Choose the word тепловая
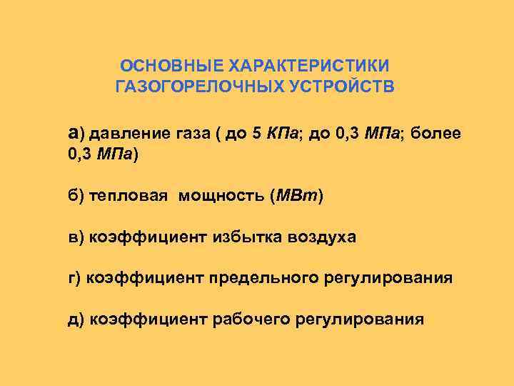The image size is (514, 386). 129,196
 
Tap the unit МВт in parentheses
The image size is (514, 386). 296,196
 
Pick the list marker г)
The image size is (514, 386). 75,277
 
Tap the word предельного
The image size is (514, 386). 268,277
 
